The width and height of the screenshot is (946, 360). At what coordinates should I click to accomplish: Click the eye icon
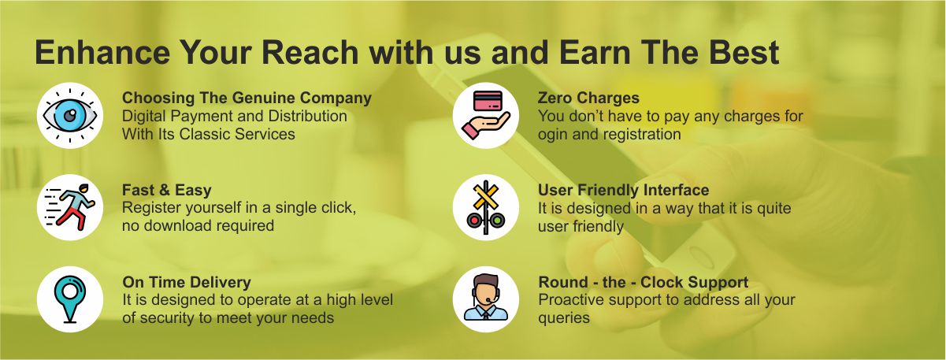[69, 115]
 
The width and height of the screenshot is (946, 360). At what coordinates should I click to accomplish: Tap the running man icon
[69, 207]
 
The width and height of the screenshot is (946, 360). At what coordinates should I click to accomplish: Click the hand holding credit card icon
[486, 115]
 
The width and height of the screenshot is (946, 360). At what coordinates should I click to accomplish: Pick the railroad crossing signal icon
[486, 207]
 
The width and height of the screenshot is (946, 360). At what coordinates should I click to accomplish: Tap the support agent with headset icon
[486, 297]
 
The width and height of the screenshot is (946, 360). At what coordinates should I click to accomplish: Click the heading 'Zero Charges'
[588, 98]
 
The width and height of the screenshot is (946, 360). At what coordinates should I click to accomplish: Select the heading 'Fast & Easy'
[167, 190]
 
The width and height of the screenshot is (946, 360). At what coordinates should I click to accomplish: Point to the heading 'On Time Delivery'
[187, 282]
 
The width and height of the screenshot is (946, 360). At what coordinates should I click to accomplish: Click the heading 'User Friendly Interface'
[623, 190]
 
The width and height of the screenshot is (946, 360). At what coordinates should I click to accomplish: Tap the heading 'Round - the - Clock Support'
[644, 282]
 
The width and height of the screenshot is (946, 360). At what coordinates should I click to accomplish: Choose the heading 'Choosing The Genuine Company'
[247, 98]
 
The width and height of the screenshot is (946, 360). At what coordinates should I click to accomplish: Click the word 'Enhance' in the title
[102, 53]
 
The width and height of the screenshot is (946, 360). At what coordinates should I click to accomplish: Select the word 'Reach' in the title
[310, 53]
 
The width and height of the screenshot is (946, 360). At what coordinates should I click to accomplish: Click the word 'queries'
[564, 318]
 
